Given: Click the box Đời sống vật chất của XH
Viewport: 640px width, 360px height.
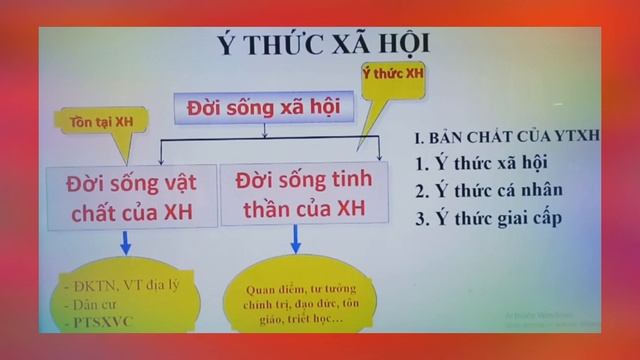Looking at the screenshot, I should (x=131, y=196).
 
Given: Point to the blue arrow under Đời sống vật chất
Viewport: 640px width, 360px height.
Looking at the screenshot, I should (x=125, y=243).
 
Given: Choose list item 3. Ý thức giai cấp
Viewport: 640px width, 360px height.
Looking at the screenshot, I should (x=499, y=217).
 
